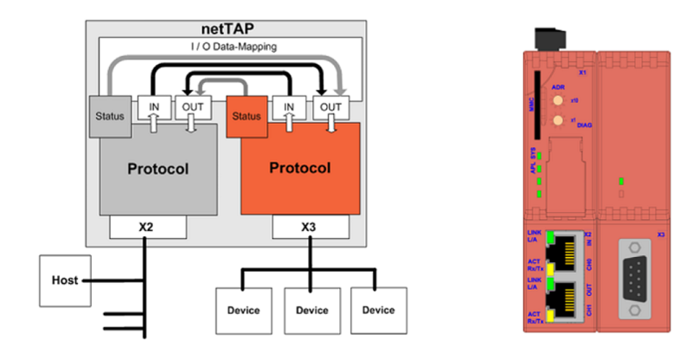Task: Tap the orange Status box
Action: [247, 116]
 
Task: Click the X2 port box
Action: [148, 227]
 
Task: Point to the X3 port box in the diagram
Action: [310, 227]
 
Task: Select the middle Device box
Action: [310, 309]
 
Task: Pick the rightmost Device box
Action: [377, 309]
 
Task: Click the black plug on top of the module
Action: [549, 38]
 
